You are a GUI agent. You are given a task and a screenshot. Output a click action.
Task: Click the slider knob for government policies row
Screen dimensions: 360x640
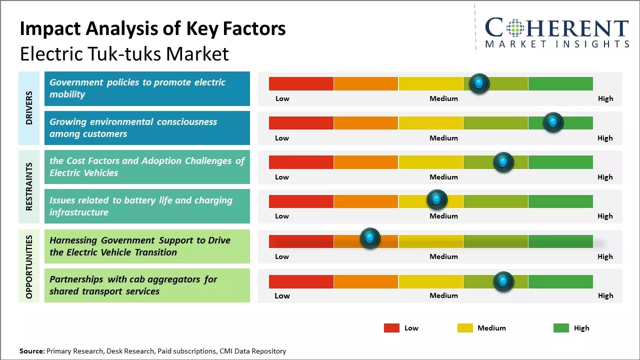tap(479, 83)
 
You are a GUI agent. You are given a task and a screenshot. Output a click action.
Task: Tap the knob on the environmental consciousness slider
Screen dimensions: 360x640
tap(553, 122)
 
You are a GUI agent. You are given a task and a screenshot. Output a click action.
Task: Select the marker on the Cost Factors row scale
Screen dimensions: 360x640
tap(503, 162)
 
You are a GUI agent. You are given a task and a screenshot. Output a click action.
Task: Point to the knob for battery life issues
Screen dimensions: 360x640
tap(437, 200)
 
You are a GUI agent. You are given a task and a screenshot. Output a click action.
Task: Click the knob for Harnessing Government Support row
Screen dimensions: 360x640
tap(370, 238)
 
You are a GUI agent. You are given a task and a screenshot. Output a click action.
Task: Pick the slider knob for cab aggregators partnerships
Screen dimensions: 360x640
tap(503, 281)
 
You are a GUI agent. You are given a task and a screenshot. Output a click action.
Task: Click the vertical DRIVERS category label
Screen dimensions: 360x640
tap(29, 107)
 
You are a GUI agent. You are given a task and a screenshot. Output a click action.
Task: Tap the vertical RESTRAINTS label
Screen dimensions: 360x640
tap(29, 186)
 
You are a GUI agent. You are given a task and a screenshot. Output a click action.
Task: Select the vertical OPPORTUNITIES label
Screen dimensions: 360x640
tap(29, 266)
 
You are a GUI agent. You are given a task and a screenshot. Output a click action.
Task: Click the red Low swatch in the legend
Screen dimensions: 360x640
tap(391, 328)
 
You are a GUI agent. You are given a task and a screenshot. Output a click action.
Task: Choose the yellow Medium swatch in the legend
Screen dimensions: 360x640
tap(465, 328)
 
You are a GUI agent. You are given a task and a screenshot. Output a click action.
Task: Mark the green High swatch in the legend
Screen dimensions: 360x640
tap(561, 328)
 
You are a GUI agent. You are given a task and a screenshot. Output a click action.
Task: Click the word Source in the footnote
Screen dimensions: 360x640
tap(31, 351)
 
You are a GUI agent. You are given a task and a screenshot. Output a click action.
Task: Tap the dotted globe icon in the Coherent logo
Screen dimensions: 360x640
tap(516, 28)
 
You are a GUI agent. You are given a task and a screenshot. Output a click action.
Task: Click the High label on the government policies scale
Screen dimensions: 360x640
tap(605, 98)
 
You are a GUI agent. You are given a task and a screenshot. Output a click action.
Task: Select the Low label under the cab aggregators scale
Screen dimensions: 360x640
tap(282, 295)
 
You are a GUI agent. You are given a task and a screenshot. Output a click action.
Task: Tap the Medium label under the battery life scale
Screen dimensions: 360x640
tap(443, 216)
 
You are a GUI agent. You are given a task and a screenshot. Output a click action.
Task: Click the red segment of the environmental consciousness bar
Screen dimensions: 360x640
tap(301, 123)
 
